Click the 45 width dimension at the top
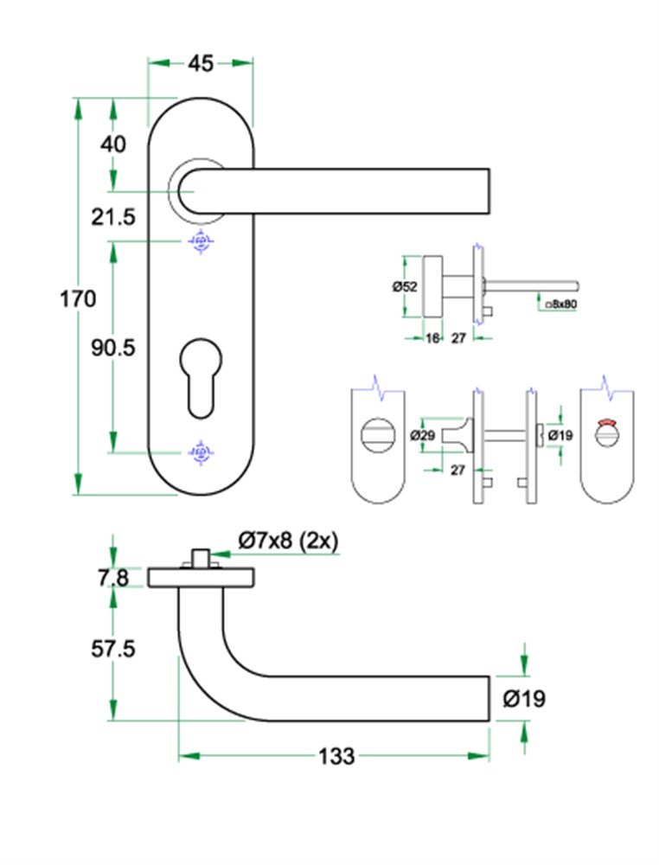tap(201, 63)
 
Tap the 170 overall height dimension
tap(78, 299)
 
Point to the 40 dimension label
tap(113, 144)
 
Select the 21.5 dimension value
tap(114, 217)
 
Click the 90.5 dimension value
tap(114, 347)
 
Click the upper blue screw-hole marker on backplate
tap(201, 241)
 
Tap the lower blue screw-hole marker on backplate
tap(201, 452)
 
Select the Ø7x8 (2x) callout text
tap(287, 541)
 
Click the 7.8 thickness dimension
tap(112, 577)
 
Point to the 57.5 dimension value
tap(112, 648)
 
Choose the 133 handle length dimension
tap(336, 756)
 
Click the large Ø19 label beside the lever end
tap(524, 698)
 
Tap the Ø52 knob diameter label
tap(405, 286)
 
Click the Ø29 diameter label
tap(422, 435)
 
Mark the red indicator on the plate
tap(609, 423)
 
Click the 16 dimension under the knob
tap(432, 338)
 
